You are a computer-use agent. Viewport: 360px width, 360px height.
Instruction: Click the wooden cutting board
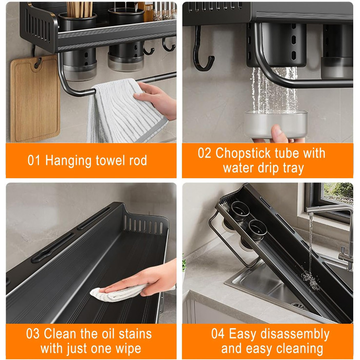[35, 99]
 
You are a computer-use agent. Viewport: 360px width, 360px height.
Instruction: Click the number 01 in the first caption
[34, 160]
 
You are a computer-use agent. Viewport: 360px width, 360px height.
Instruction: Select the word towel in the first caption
[111, 160]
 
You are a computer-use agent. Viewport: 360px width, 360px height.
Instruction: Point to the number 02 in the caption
[204, 153]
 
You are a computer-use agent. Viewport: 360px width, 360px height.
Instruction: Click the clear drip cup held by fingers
[276, 124]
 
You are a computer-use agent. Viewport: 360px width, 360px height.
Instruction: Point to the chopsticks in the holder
[79, 10]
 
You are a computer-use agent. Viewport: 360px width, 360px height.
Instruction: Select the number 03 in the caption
[32, 334]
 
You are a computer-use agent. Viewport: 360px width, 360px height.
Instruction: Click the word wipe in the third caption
[128, 349]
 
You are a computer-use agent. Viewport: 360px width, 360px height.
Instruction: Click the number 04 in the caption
[218, 334]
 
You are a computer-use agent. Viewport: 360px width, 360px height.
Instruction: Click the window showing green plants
[338, 194]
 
